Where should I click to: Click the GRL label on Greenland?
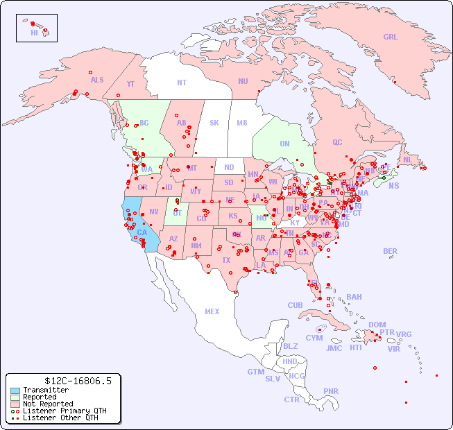click(391, 37)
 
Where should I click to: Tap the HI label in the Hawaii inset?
click(34, 33)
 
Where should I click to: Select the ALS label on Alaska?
click(97, 80)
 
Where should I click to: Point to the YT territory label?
click(130, 84)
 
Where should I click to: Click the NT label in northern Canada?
click(182, 82)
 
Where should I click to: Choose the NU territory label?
click(243, 81)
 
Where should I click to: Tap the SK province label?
click(214, 123)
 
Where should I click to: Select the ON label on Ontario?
click(284, 144)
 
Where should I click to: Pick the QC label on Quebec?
click(337, 142)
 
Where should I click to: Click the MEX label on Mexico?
click(212, 311)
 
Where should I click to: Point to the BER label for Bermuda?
click(391, 251)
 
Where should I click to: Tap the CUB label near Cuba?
click(295, 305)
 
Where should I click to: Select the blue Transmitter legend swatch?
click(15, 390)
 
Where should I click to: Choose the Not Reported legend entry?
click(48, 404)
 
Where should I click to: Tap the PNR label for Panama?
click(331, 391)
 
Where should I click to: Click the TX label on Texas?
click(226, 260)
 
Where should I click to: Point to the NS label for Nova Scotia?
click(393, 185)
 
